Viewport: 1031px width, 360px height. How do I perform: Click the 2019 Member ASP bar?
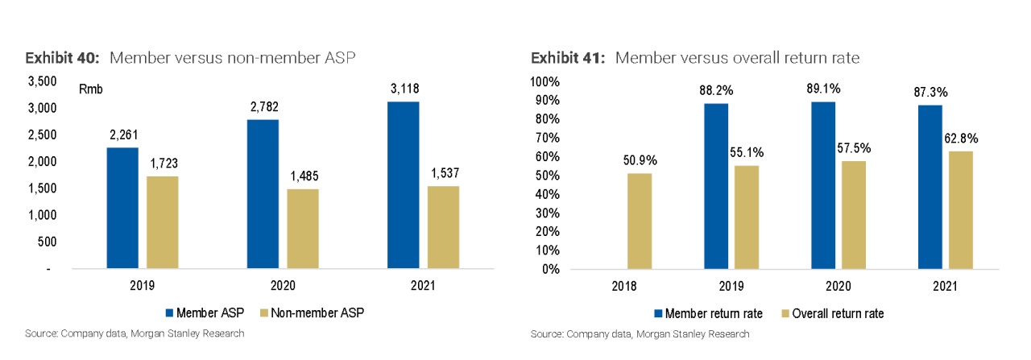click(x=123, y=208)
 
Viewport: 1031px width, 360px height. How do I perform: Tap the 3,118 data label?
click(x=403, y=89)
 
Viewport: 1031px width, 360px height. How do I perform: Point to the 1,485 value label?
click(x=303, y=176)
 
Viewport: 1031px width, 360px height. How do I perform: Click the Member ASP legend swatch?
click(x=169, y=312)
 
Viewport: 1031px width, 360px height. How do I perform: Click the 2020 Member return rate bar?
click(x=826, y=185)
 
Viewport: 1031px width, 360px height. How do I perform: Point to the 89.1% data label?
click(x=826, y=89)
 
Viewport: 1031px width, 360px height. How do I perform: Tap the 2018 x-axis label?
click(x=624, y=286)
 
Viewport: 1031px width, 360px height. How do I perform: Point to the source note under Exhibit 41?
click(x=640, y=333)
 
